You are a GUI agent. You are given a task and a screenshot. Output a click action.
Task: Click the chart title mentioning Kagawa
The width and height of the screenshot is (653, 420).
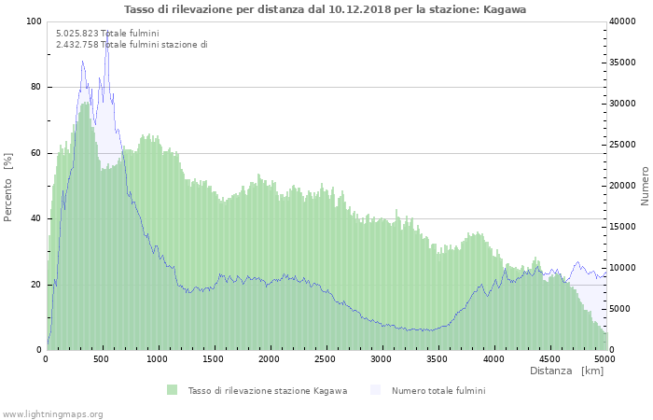click(326, 8)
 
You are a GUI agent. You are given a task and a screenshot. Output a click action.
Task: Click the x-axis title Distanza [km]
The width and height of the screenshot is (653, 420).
click(566, 371)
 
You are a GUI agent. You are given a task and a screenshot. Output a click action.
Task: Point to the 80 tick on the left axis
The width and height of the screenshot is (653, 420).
click(36, 87)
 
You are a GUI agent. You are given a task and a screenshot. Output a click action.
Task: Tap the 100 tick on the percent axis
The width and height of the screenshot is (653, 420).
click(34, 21)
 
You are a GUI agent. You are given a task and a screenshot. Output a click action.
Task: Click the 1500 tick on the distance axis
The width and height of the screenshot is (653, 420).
click(214, 358)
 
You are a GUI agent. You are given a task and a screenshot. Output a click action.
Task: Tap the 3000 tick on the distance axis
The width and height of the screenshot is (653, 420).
click(382, 358)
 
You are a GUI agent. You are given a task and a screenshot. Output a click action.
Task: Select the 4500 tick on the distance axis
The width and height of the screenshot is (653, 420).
click(549, 358)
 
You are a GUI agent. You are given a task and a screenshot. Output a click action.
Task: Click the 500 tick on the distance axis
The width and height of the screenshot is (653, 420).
click(103, 358)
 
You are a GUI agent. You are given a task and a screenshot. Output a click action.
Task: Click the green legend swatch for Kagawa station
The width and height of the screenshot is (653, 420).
click(173, 390)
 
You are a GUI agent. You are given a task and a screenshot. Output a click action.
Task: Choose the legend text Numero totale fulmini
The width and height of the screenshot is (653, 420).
click(438, 390)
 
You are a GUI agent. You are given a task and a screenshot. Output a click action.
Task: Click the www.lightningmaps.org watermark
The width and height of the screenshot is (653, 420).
click(52, 413)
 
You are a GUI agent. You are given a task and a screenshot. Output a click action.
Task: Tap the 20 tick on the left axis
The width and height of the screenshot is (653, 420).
click(36, 285)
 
